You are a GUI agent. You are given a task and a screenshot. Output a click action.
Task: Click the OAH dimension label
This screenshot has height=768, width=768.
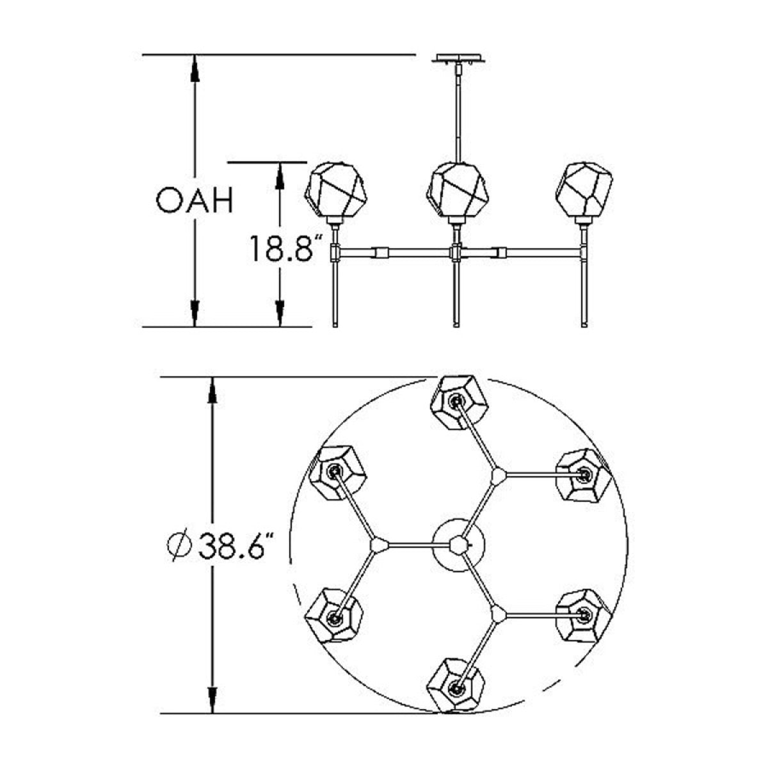pyautogui.click(x=194, y=201)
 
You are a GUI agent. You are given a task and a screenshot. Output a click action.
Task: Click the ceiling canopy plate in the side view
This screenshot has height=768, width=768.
pyautogui.click(x=461, y=58)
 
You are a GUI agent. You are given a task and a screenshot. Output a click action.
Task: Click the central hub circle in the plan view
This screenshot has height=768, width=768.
pyautogui.click(x=458, y=545)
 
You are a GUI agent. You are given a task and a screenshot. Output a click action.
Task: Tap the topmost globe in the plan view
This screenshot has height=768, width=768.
pyautogui.click(x=459, y=403)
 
